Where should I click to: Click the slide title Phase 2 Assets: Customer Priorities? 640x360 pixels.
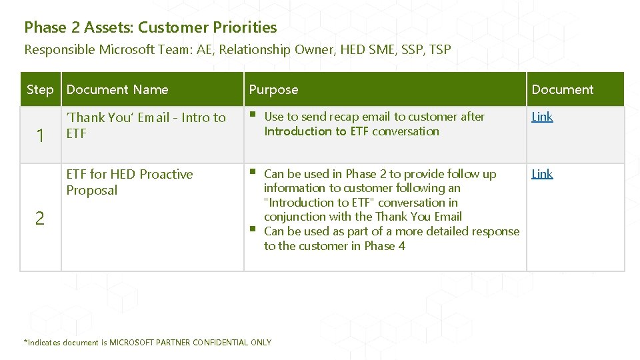150,27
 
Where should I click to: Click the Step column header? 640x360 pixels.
40,89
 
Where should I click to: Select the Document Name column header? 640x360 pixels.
117,89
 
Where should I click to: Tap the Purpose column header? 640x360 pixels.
273,89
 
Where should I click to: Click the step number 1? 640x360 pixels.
40,136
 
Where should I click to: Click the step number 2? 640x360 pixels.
40,218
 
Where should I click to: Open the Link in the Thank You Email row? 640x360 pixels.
542,117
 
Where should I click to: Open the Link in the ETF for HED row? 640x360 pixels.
542,174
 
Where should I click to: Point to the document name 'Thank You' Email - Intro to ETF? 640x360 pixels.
146,125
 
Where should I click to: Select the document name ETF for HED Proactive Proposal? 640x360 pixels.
129,182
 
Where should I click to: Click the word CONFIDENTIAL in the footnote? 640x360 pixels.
220,343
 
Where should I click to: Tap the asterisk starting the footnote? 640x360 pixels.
26,342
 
